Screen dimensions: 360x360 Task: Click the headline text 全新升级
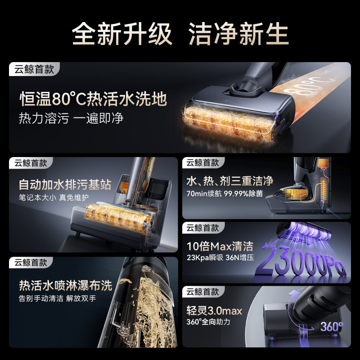pyautogui.click(x=122, y=34)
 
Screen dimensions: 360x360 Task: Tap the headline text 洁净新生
pyautogui.click(x=238, y=34)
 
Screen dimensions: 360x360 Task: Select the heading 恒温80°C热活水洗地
pyautogui.click(x=93, y=99)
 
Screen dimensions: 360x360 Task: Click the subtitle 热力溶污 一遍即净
pyautogui.click(x=71, y=118)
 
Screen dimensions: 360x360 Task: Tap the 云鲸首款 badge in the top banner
pyautogui.click(x=34, y=69)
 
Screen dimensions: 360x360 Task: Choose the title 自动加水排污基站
pyautogui.click(x=65, y=184)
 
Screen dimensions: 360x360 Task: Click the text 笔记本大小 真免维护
pyautogui.click(x=54, y=198)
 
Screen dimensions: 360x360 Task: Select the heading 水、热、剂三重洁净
pyautogui.click(x=230, y=181)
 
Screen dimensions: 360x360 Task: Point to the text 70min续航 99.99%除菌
pyautogui.click(x=225, y=193)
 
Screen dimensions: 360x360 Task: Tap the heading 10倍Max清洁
pyautogui.click(x=220, y=246)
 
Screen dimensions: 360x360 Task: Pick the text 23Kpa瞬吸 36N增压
pyautogui.click(x=220, y=257)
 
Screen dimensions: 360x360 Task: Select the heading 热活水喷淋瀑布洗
pyautogui.click(x=66, y=285)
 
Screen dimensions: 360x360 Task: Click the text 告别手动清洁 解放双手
pyautogui.click(x=58, y=298)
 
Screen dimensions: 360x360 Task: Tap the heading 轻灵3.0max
pyautogui.click(x=214, y=311)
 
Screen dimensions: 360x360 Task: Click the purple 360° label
pyautogui.click(x=332, y=326)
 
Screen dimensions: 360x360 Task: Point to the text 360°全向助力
pyautogui.click(x=208, y=322)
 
